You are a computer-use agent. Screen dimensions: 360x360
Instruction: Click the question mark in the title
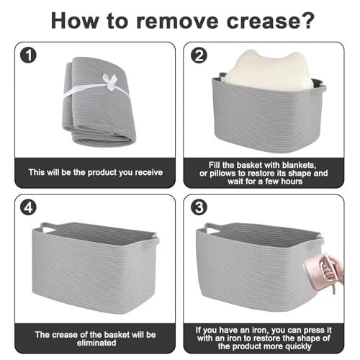(x=307, y=20)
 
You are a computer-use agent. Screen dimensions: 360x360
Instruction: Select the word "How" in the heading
(x=75, y=21)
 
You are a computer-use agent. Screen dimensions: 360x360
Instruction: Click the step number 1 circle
(x=28, y=55)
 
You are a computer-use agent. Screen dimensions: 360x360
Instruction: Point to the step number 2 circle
(x=199, y=55)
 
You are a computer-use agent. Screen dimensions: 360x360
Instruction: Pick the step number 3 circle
(x=199, y=207)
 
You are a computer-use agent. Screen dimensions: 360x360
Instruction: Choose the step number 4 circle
(x=28, y=207)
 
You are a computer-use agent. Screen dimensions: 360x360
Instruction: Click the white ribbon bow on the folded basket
(x=110, y=82)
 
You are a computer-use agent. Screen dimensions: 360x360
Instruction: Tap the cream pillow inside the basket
(x=269, y=71)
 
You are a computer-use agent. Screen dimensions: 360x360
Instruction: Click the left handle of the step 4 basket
(x=49, y=226)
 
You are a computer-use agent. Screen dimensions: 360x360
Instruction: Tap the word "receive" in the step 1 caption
(x=148, y=172)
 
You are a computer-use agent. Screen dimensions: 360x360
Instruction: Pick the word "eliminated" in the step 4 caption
(x=96, y=343)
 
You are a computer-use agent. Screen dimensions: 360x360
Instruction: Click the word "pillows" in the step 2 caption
(x=222, y=174)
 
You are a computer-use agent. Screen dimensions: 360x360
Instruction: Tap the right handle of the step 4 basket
(x=157, y=240)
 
